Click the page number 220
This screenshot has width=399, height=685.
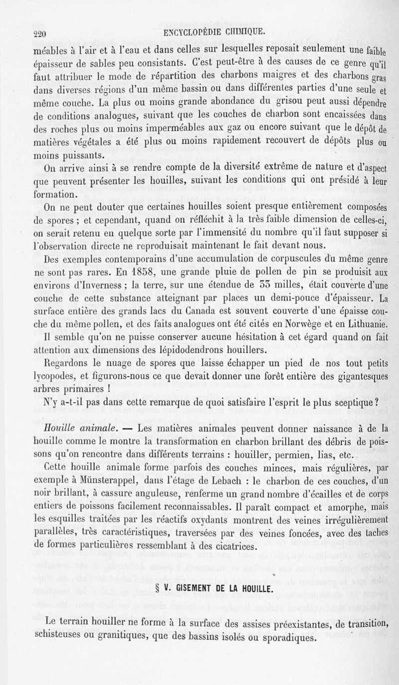(39, 34)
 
